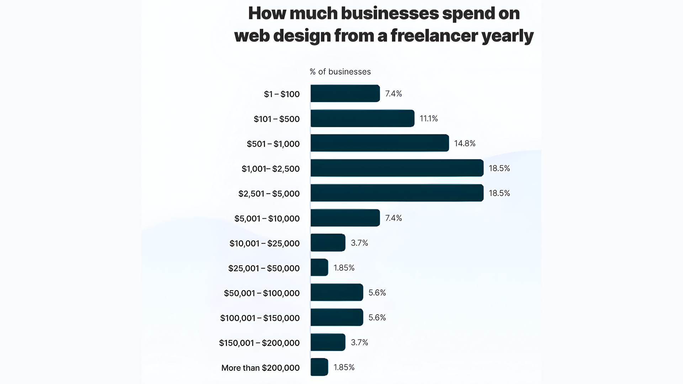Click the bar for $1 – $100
[x=345, y=94]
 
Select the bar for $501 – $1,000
[x=380, y=143]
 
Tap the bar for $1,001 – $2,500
[x=397, y=168]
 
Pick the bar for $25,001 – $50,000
[x=319, y=267]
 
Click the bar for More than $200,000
[x=319, y=367]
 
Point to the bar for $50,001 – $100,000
[x=337, y=292]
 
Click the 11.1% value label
[x=429, y=118]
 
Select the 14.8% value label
[x=465, y=143]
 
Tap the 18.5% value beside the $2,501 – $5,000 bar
[x=499, y=193]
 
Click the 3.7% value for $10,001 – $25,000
[x=359, y=243]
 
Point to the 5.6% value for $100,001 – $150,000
[x=377, y=318]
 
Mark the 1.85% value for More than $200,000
[x=344, y=367]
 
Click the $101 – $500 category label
[x=276, y=119]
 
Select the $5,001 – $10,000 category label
[x=267, y=218]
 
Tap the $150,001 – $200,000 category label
[x=259, y=343]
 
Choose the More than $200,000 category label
[x=260, y=368]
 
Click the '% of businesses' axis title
[x=340, y=72]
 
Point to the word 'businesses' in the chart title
[x=390, y=14]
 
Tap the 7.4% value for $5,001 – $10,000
[x=393, y=218]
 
